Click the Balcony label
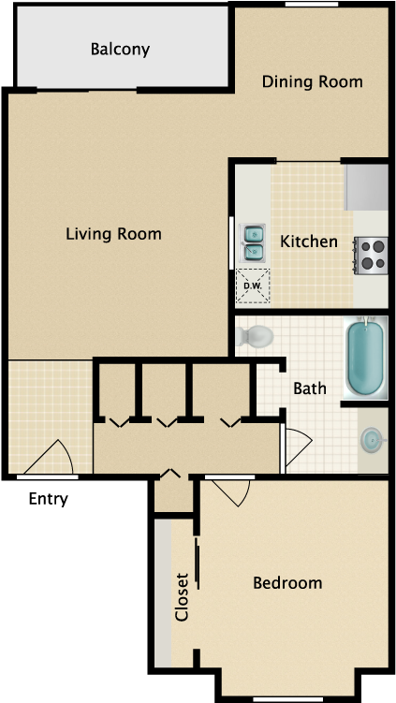120,50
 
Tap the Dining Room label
312,81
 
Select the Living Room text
113,233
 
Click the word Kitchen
309,242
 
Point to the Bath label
310,388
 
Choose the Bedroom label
287,583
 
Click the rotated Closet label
182,597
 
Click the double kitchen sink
254,242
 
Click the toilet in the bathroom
254,334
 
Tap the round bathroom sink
373,438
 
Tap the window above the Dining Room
312,5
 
